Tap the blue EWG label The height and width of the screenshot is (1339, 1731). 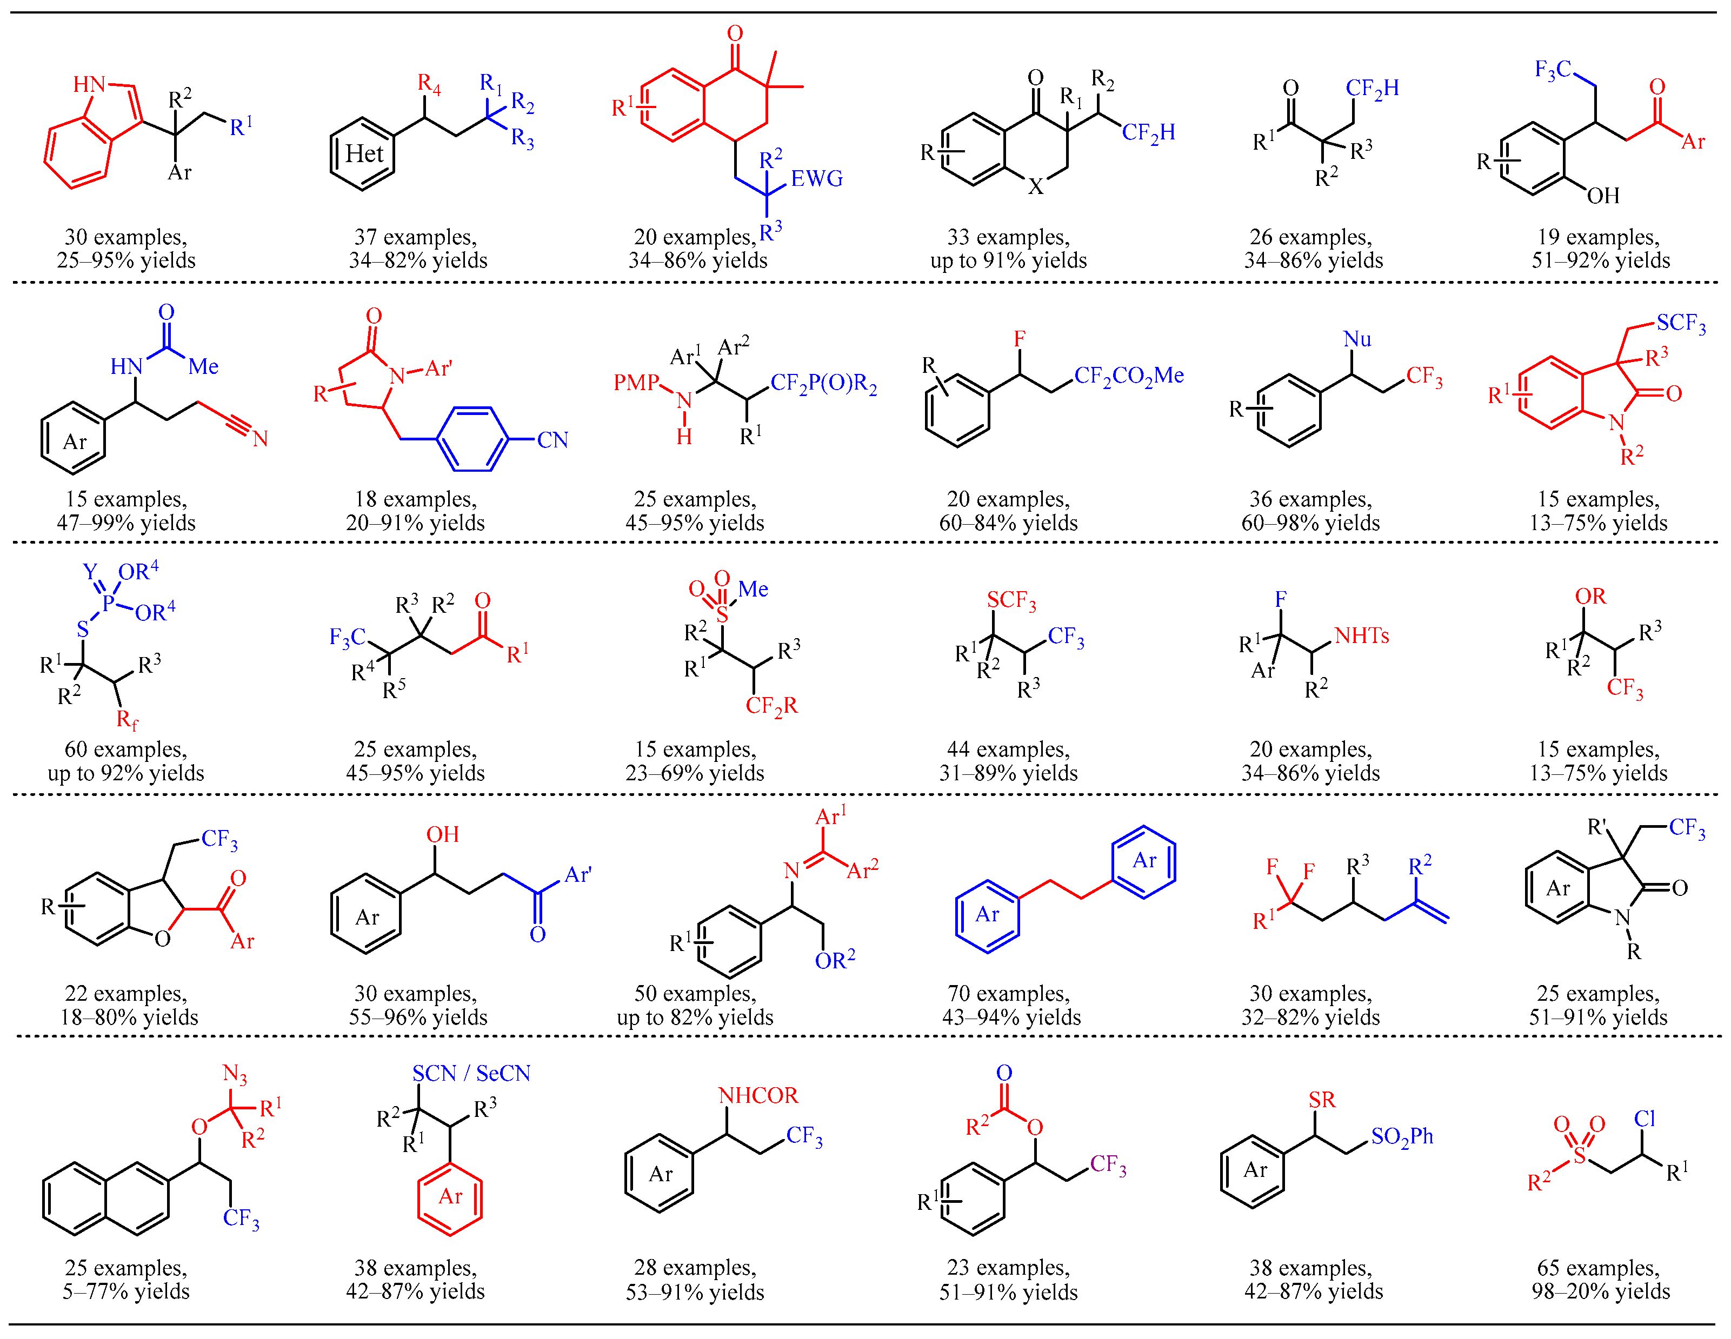pos(816,179)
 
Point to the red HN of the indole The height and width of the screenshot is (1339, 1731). pos(89,85)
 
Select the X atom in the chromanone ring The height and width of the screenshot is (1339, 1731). pos(1035,187)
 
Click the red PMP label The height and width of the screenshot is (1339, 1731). pos(636,383)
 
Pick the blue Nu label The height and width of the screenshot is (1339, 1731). pos(1357,339)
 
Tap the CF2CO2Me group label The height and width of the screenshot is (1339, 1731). pos(1129,376)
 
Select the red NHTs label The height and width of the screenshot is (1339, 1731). pos(1362,635)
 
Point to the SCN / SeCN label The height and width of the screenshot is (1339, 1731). pos(471,1074)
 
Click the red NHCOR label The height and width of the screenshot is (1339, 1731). pos(758,1096)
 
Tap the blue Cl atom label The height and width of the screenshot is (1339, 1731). pos(1645,1119)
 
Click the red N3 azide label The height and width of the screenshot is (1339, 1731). pos(235,1074)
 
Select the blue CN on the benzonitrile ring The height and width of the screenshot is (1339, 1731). pos(552,440)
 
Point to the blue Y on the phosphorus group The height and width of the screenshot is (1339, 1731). pos(90,572)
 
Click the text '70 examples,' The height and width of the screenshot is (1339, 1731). pos(1008,994)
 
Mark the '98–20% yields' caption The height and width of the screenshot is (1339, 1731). pos(1600,1291)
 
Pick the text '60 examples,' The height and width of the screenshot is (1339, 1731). pos(126,749)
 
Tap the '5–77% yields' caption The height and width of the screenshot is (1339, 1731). pos(126,1291)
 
